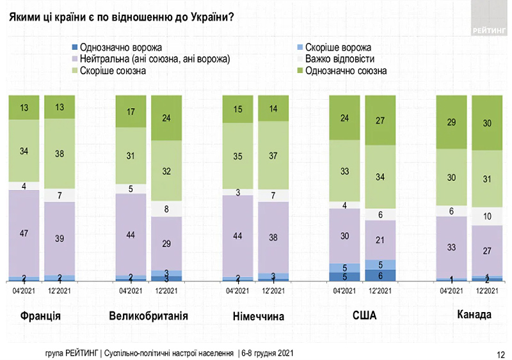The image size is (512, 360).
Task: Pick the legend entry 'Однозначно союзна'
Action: pos(346,70)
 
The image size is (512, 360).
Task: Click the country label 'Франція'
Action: pos(40,316)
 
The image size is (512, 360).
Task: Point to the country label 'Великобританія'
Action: pos(148,316)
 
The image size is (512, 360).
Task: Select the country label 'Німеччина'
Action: pos(255,317)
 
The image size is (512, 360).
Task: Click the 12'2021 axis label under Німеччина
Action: pos(273,290)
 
